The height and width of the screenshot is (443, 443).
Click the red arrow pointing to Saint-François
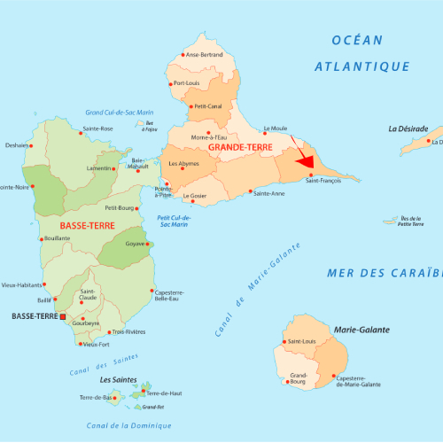(x=303, y=159)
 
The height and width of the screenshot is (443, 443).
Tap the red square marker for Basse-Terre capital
(x=62, y=316)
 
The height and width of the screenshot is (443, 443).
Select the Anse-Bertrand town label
(x=205, y=55)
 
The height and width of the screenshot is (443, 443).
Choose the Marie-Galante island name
(x=361, y=330)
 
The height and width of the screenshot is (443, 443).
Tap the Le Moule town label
(x=277, y=127)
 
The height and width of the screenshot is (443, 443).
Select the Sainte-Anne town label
(x=269, y=193)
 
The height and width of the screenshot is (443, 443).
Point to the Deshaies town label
(x=17, y=145)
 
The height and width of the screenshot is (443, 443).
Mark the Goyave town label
(x=135, y=244)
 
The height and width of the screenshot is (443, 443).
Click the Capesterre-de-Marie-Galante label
(x=358, y=381)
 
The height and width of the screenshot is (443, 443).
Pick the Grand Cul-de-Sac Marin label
(x=119, y=113)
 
